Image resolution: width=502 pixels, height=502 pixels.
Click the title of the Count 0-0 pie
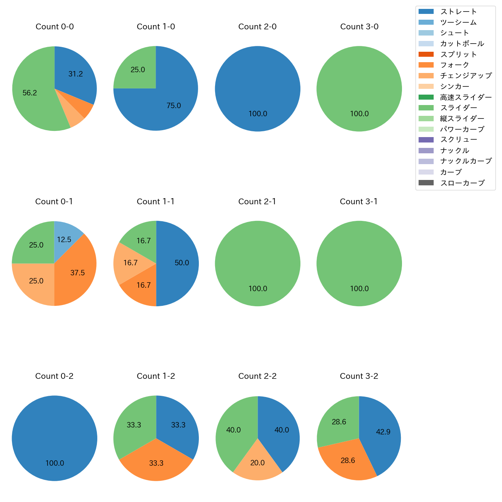(54, 27)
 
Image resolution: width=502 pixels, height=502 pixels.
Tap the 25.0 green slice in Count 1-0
(137, 70)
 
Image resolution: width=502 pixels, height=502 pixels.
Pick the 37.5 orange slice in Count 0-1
(77, 272)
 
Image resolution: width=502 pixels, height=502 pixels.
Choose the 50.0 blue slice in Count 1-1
(181, 263)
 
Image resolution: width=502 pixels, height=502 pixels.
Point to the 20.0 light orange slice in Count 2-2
(258, 463)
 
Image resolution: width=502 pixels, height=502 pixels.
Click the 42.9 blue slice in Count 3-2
(383, 432)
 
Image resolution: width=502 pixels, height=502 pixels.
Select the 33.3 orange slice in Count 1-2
(156, 463)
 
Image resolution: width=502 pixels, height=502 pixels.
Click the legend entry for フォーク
(455, 65)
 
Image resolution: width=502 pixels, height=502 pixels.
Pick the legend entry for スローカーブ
(462, 183)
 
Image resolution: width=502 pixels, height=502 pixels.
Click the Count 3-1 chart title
(359, 202)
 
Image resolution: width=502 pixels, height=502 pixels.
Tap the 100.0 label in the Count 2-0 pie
(258, 114)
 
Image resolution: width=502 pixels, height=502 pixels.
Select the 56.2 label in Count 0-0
(30, 93)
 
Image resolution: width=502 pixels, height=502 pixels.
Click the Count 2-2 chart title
(257, 376)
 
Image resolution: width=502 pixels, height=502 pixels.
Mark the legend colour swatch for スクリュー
(426, 140)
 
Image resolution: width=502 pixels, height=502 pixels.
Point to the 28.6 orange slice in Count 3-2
(348, 460)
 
